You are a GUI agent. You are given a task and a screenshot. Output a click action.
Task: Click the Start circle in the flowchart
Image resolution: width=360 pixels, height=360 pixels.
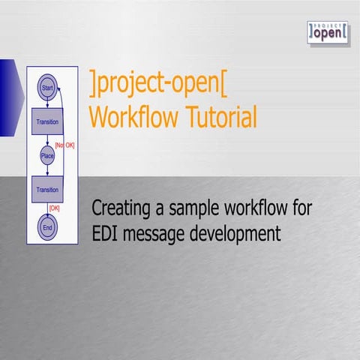pos(46,87)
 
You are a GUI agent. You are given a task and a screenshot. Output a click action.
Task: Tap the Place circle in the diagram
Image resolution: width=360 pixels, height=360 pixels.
pos(46,156)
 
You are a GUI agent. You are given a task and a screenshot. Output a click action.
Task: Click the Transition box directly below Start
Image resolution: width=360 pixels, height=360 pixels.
pos(46,121)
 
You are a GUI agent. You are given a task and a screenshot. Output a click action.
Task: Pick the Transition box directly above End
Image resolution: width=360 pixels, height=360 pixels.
pos(46,190)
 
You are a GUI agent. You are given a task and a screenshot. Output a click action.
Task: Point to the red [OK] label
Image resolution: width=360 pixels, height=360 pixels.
pos(53,208)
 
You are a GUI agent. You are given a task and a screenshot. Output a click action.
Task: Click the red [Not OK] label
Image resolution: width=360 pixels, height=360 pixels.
pos(64,144)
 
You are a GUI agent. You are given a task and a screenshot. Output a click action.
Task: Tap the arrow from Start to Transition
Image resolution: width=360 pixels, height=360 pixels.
pos(46,102)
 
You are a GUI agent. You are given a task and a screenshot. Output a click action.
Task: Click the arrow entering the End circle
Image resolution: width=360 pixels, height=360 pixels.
pos(46,210)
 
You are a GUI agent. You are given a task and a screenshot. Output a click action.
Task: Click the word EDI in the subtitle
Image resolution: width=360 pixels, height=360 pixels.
pos(105,233)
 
